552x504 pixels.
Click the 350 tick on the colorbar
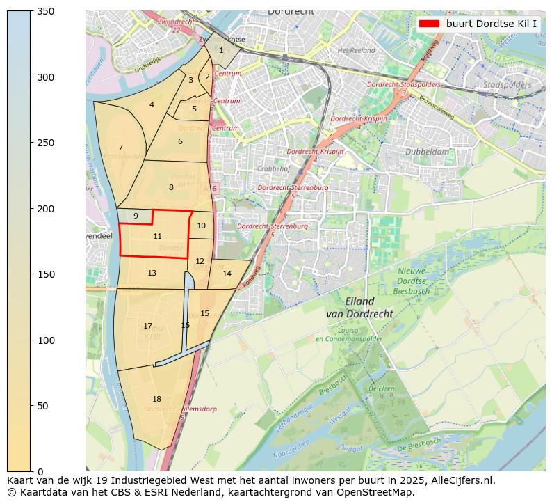point(31,11)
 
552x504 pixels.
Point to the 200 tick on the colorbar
point(31,209)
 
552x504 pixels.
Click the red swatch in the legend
point(429,23)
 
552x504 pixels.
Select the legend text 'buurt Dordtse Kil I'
point(492,23)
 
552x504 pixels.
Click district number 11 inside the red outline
point(157,237)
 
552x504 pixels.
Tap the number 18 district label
point(156,399)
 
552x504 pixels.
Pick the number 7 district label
point(120,148)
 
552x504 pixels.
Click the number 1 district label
point(221,50)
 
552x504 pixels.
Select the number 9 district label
point(136,216)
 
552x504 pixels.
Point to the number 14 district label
point(227,274)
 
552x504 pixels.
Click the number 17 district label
point(147,326)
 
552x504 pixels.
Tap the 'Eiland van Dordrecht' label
point(359,308)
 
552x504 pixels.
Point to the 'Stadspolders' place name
point(508,85)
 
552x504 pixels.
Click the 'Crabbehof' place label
point(273,168)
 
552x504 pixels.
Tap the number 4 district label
point(152,105)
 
